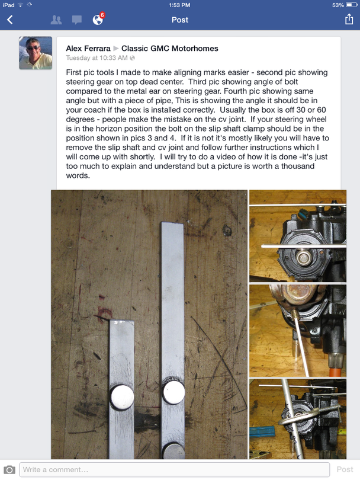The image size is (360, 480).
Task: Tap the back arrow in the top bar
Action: point(10,20)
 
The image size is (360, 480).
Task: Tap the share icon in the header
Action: point(349,20)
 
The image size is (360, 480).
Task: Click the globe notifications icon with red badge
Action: point(98,19)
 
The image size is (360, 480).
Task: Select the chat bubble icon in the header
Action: point(77,20)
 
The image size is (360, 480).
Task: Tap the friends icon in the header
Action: point(56,20)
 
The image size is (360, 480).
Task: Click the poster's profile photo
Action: point(36,53)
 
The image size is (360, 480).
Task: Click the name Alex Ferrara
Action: point(88,49)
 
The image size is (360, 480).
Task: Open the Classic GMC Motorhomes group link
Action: point(170,49)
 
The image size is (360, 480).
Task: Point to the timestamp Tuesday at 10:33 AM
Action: point(97,58)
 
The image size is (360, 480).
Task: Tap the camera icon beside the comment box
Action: point(9,469)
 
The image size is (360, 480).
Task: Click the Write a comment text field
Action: point(175,469)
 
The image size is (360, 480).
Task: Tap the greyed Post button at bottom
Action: point(345,469)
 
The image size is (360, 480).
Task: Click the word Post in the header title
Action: point(180,20)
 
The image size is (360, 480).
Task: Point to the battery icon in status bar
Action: point(352,5)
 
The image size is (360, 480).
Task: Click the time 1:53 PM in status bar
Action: point(179,5)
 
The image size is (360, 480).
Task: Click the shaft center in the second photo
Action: point(304,256)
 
